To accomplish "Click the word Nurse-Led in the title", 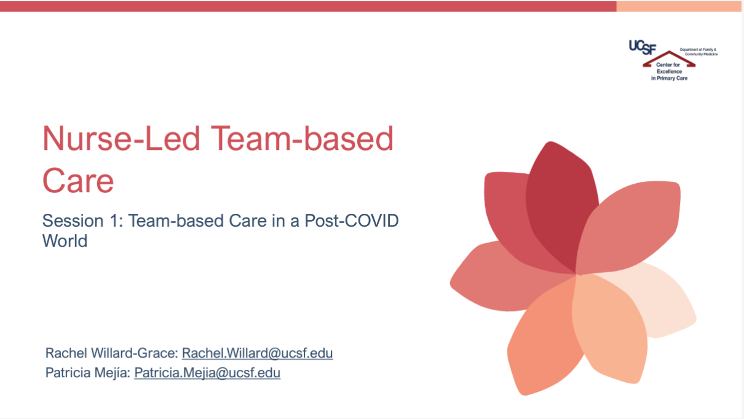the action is point(121,139).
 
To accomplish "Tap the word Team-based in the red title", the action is point(302,139).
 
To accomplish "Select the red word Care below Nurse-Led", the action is point(78,181).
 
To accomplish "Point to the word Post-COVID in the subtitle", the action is point(352,221).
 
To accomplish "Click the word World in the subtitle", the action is point(65,240).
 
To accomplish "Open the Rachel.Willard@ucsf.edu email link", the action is point(258,353).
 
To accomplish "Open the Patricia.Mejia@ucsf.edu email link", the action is point(207,372).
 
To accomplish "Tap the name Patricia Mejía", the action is point(88,372).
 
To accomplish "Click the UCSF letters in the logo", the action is point(643,47).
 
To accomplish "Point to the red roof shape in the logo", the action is point(669,59).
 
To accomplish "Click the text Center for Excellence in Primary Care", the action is point(669,71).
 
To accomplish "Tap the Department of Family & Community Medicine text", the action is point(698,52).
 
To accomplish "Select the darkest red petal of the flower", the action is point(561,206).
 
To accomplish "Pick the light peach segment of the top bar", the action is point(679,6).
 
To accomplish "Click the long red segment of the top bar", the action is point(308,6).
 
